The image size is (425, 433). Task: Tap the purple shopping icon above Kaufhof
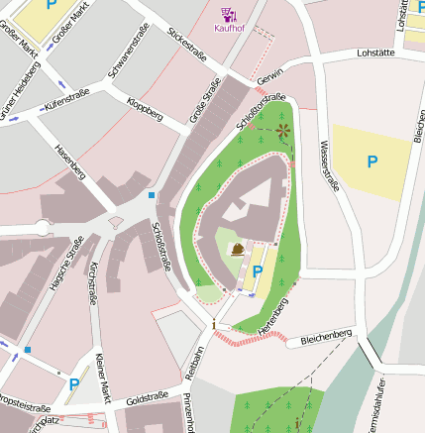coord(229,13)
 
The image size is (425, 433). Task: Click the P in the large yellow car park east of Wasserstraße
coord(372,161)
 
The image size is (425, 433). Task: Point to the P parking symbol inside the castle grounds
coord(258,271)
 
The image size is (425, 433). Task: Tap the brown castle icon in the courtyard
coord(239,249)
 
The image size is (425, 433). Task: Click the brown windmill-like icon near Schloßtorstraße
coord(283,130)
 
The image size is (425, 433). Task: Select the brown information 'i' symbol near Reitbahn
coord(213,324)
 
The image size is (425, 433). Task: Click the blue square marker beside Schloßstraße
coord(152,195)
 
